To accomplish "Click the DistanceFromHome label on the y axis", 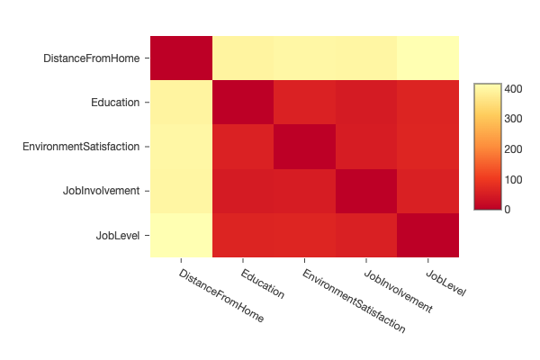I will (91, 58).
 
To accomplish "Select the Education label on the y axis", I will (115, 103).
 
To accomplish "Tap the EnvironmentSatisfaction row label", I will (81, 147).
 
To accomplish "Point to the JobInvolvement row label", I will (101, 191).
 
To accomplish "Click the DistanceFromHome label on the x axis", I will (221, 295).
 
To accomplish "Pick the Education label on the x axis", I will (263, 283).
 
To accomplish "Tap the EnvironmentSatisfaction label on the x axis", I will (353, 301).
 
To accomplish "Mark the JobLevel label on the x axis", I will (445, 280).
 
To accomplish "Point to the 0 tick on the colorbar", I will (509, 209).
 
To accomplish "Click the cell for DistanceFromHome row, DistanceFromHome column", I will (180, 58).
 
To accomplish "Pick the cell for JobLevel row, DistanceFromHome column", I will (180, 235).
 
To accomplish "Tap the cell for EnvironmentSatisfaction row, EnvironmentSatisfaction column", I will (304, 147).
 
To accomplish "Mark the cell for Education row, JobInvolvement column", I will (365, 103).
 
